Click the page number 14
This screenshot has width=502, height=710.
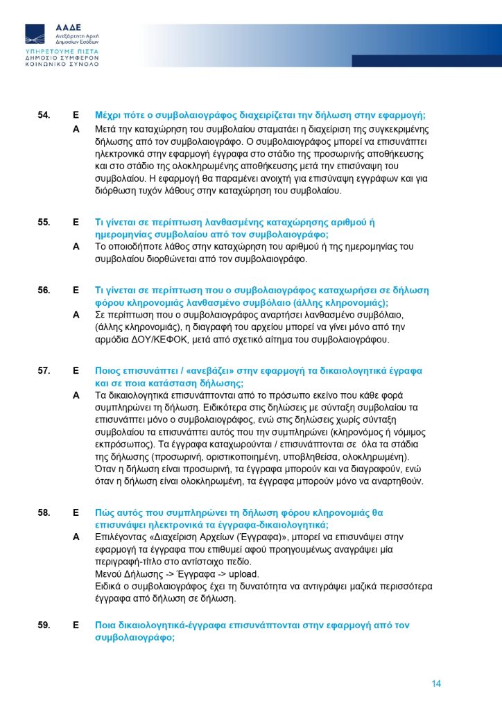point(436,684)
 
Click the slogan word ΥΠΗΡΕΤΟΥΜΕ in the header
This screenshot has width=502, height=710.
point(48,52)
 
